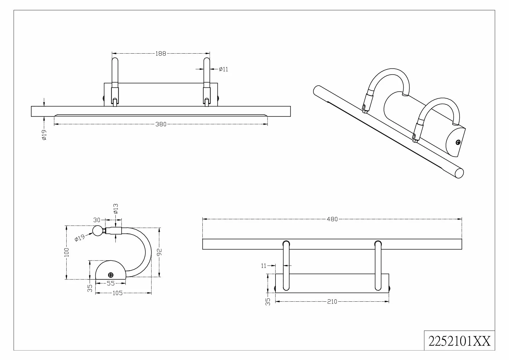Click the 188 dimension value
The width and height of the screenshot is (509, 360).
pyautogui.click(x=161, y=54)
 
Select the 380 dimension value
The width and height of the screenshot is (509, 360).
pyautogui.click(x=161, y=124)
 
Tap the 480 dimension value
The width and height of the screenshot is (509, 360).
pyautogui.click(x=332, y=219)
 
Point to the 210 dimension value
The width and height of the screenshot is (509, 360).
pyautogui.click(x=332, y=302)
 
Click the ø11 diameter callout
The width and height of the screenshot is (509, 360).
pyautogui.click(x=223, y=69)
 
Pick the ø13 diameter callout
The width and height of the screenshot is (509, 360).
pyautogui.click(x=115, y=209)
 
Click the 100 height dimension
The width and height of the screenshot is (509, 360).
pyautogui.click(x=67, y=252)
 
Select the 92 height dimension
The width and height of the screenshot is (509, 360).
pyautogui.click(x=160, y=252)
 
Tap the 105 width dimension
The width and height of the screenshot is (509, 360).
pyautogui.click(x=117, y=293)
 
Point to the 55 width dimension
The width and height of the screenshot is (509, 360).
pyautogui.click(x=111, y=283)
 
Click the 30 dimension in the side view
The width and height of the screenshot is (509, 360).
pyautogui.click(x=97, y=220)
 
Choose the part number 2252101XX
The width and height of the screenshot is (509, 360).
pyautogui.click(x=460, y=341)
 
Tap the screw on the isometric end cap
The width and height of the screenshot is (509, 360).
pyautogui.click(x=458, y=143)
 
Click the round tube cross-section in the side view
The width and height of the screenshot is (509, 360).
pyautogui.click(x=97, y=231)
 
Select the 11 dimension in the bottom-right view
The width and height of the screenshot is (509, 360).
pyautogui.click(x=264, y=266)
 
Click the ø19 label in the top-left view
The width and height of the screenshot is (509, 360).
pyautogui.click(x=44, y=135)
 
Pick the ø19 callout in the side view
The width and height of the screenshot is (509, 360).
pyautogui.click(x=80, y=238)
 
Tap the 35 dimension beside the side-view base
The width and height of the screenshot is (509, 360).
pyautogui.click(x=90, y=288)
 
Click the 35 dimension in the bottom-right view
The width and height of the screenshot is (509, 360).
pyautogui.click(x=268, y=302)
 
